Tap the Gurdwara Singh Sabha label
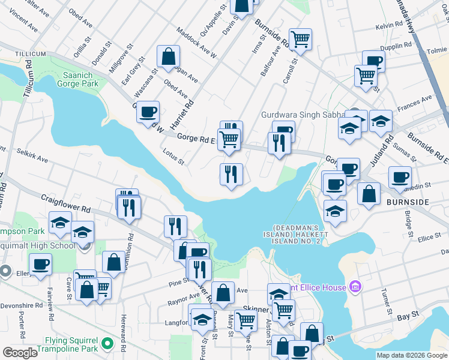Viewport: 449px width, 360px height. tap(302, 115)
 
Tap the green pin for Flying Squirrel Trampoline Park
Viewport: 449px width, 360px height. tap(107, 343)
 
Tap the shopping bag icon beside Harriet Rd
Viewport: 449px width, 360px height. tap(169, 57)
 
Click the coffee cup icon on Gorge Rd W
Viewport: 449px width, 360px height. tap(148, 112)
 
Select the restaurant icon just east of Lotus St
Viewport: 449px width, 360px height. tap(231, 175)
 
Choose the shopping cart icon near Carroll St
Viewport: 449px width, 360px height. tap(300, 40)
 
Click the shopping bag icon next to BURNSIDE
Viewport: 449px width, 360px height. tap(369, 194)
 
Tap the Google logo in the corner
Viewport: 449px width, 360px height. tap(20, 353)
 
